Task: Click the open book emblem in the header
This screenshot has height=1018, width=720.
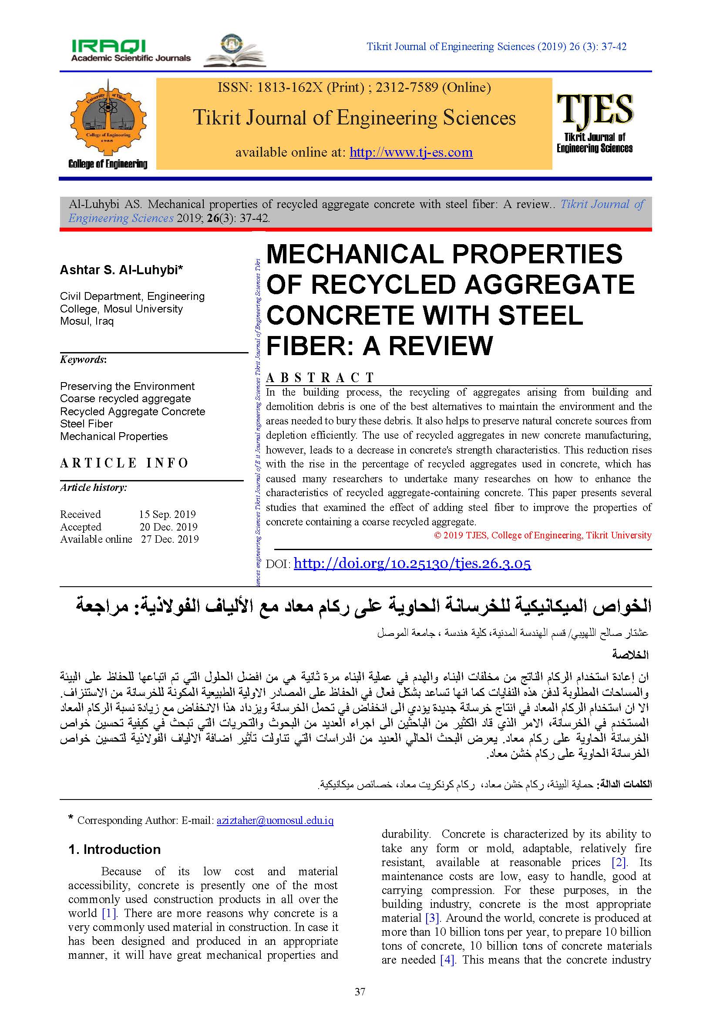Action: click(x=235, y=51)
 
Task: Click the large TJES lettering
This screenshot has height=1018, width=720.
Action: click(x=595, y=109)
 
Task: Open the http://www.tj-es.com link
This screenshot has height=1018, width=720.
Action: click(x=411, y=152)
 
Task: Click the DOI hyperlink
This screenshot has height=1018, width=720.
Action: click(x=412, y=564)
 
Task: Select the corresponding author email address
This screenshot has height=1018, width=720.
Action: click(x=275, y=820)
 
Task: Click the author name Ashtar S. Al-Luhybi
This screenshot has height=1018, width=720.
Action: click(x=121, y=269)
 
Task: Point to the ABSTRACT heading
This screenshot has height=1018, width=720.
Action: click(x=320, y=378)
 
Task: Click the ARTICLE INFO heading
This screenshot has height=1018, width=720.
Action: click(x=124, y=463)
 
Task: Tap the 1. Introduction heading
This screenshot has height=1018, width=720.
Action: click(x=114, y=850)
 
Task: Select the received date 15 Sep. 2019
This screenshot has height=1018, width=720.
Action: click(x=167, y=514)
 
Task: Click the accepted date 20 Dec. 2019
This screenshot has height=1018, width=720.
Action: click(x=168, y=527)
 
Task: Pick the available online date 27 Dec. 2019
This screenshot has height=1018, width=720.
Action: click(x=170, y=539)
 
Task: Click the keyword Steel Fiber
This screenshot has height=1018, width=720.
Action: click(x=87, y=424)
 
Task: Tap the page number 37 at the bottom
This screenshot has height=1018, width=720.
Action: click(x=360, y=992)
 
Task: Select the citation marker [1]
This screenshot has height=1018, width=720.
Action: click(x=109, y=914)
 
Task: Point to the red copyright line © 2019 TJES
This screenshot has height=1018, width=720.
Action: click(x=543, y=535)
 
